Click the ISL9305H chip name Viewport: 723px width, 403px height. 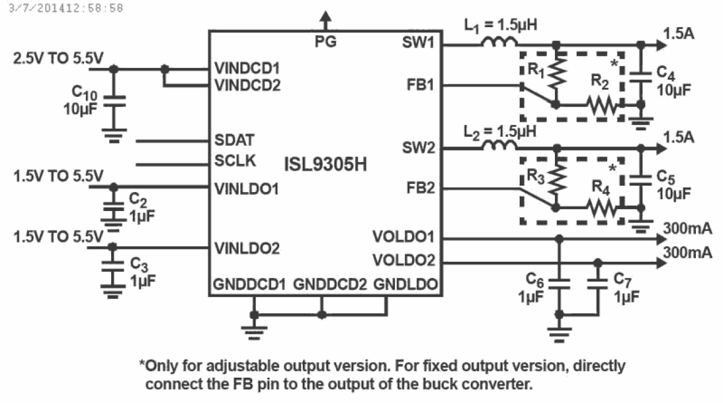point(325,165)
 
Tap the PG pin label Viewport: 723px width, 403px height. point(326,42)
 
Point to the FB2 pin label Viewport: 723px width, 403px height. point(421,189)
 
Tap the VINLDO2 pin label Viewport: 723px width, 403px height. point(246,249)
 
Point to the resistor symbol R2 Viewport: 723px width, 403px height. point(602,106)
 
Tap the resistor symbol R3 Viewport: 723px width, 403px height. point(555,180)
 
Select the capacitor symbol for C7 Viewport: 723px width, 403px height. point(598,284)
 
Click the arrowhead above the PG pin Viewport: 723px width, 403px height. point(326,18)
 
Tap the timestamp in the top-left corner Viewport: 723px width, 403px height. point(63,9)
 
